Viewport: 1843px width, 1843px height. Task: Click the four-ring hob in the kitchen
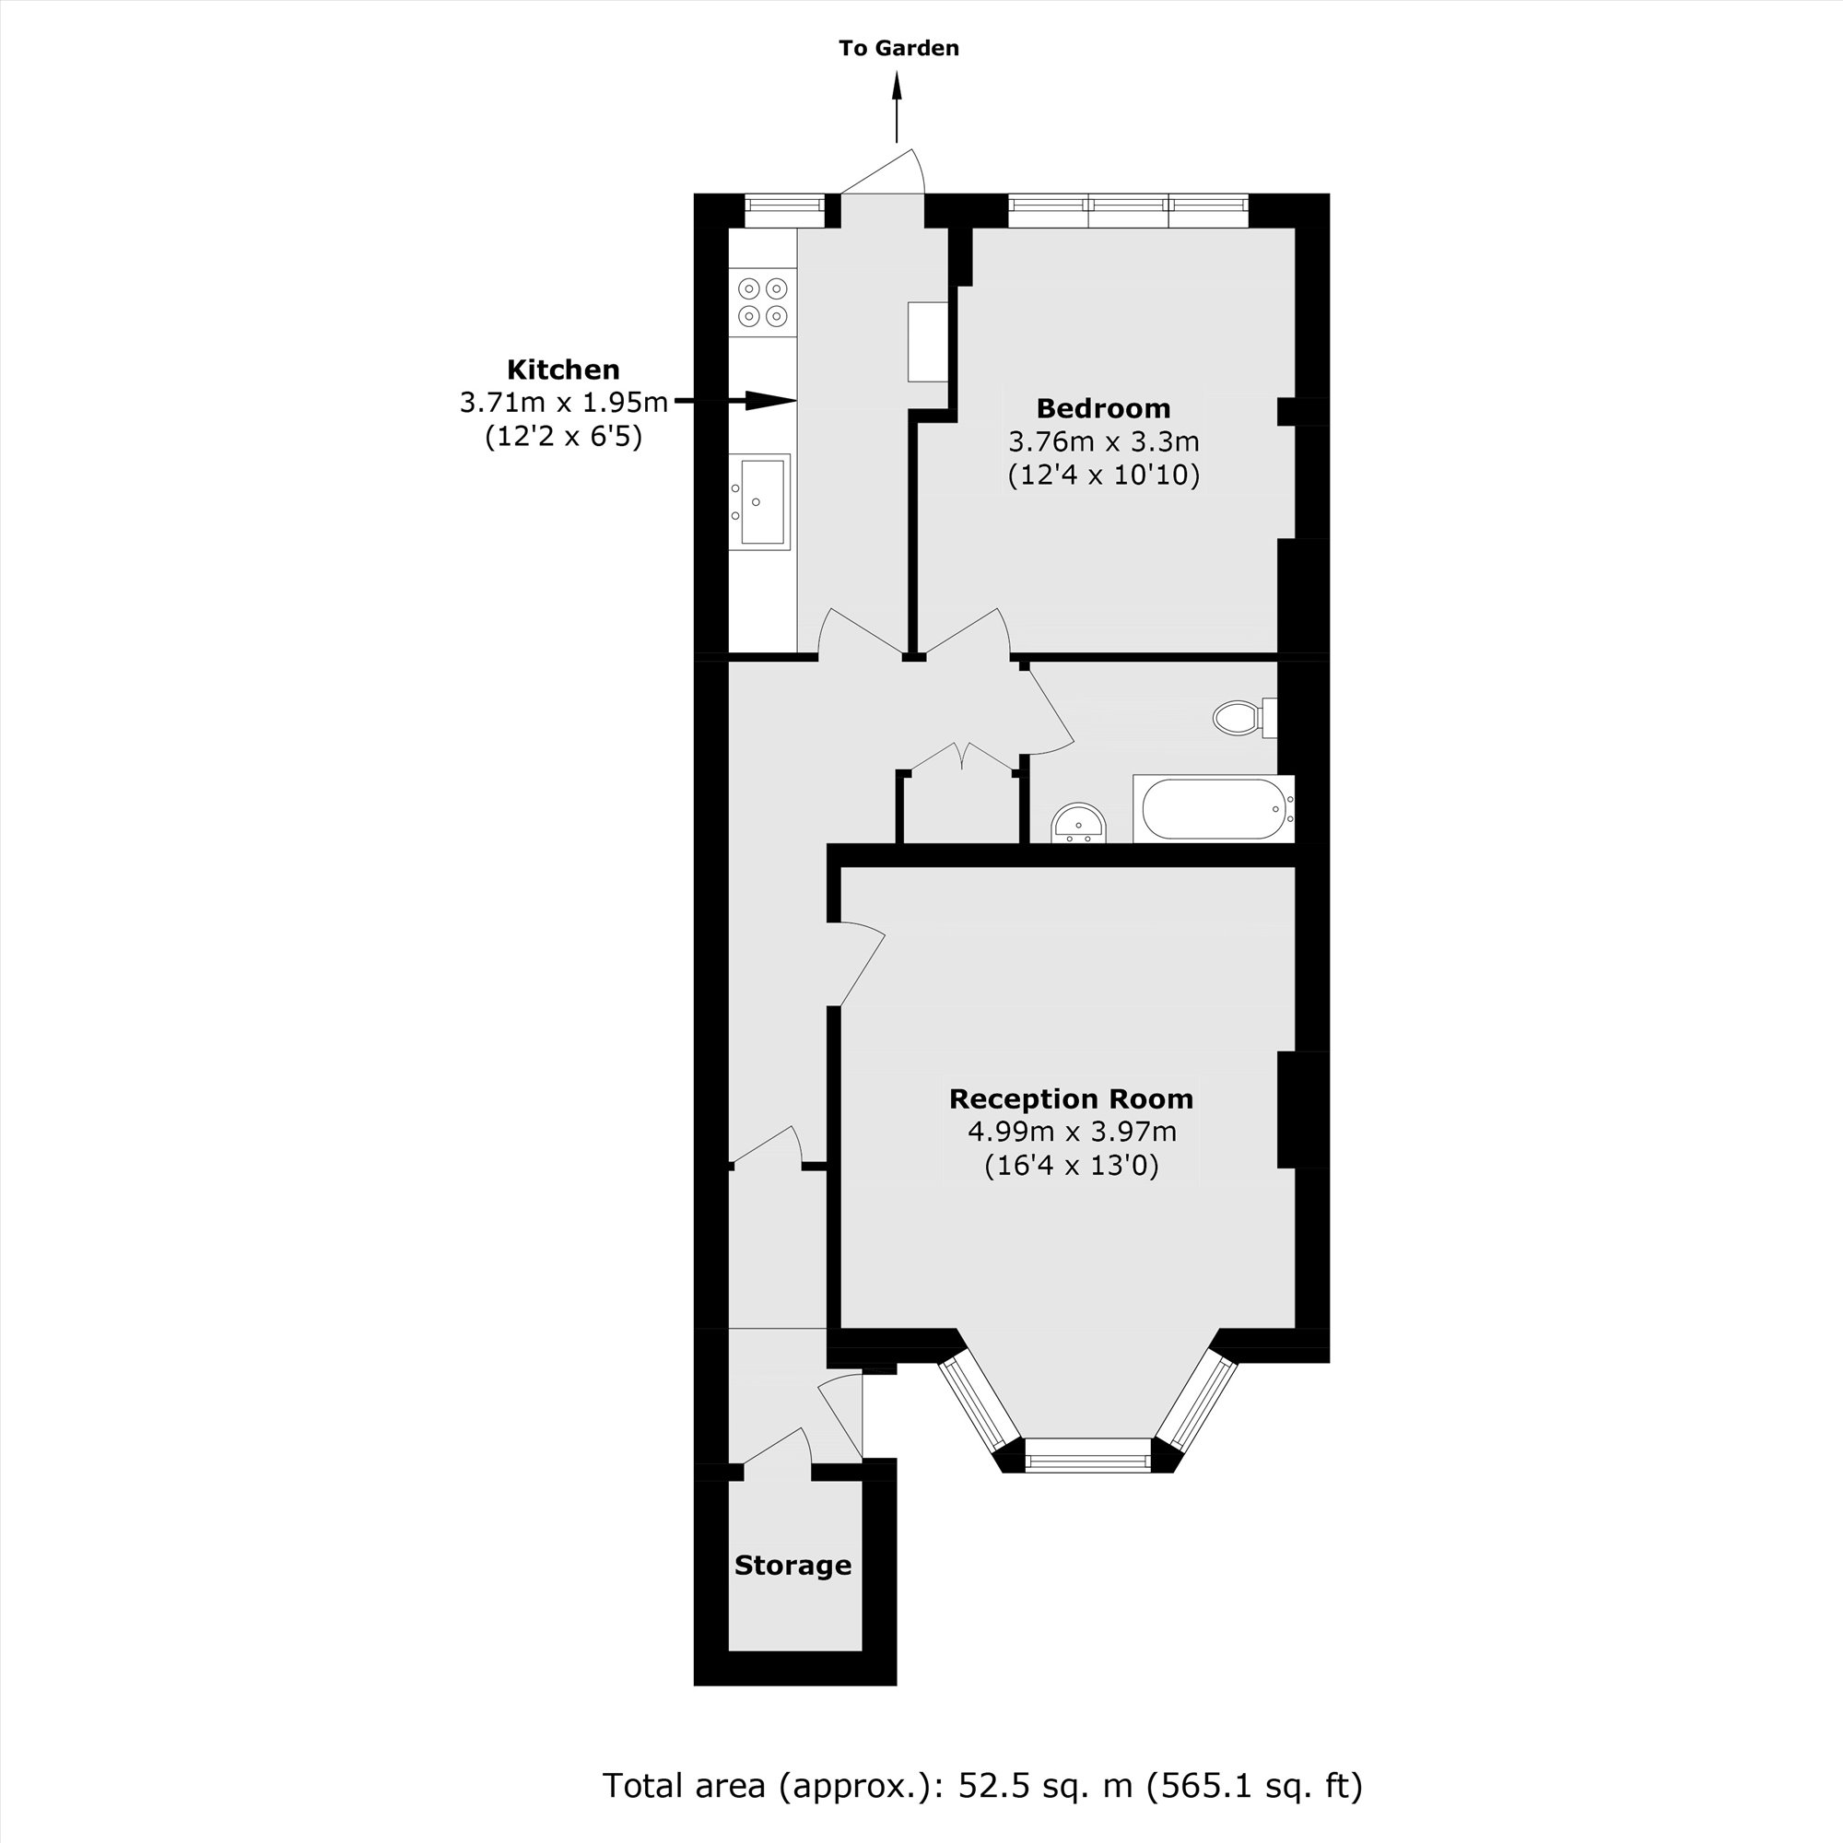pos(763,301)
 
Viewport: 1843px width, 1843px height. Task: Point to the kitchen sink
pos(762,502)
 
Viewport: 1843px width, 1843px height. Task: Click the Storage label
pos(792,1566)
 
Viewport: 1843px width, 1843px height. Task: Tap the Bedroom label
pos(1103,408)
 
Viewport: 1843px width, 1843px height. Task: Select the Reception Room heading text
pos(1070,1099)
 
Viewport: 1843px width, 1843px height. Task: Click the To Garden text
pos(898,49)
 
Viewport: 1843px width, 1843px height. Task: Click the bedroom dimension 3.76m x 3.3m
pos(1103,442)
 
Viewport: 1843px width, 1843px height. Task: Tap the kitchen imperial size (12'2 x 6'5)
pos(563,437)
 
